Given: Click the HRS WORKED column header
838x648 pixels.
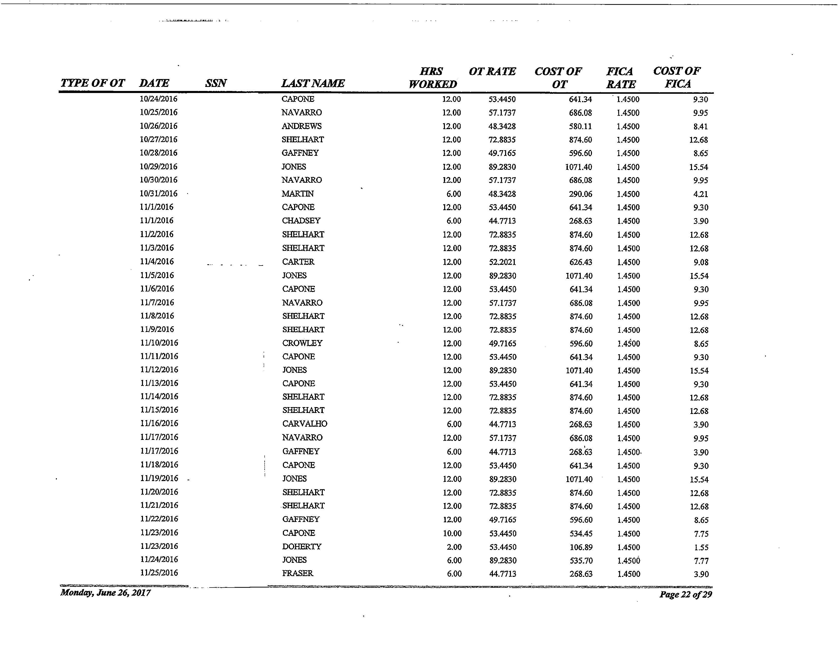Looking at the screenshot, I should coord(432,78).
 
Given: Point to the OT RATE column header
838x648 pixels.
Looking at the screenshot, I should coord(492,71).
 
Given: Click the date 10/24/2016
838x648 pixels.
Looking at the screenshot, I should coord(158,99).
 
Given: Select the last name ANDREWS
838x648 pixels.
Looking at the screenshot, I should coord(302,126).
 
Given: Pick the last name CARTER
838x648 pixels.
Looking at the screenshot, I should coord(298,262).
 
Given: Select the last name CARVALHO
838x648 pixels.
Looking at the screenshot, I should coord(305,424).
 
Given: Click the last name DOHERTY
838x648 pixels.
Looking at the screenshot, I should coord(302,547).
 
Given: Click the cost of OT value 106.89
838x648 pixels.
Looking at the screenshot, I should coord(581,547).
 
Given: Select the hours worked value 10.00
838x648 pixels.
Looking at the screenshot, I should coord(452,533).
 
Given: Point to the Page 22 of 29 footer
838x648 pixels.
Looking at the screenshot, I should coord(686,595).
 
